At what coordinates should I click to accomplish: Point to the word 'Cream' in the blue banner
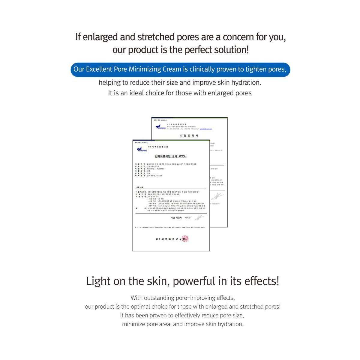172,69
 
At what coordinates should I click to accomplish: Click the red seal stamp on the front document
185,239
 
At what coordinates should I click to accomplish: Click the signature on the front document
199,217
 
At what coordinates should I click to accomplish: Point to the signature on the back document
217,196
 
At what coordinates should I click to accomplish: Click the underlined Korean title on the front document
170,156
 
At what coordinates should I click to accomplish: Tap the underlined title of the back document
189,136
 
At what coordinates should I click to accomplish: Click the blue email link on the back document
206,129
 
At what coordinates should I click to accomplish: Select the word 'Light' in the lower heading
98,281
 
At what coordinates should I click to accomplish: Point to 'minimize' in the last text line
133,324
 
